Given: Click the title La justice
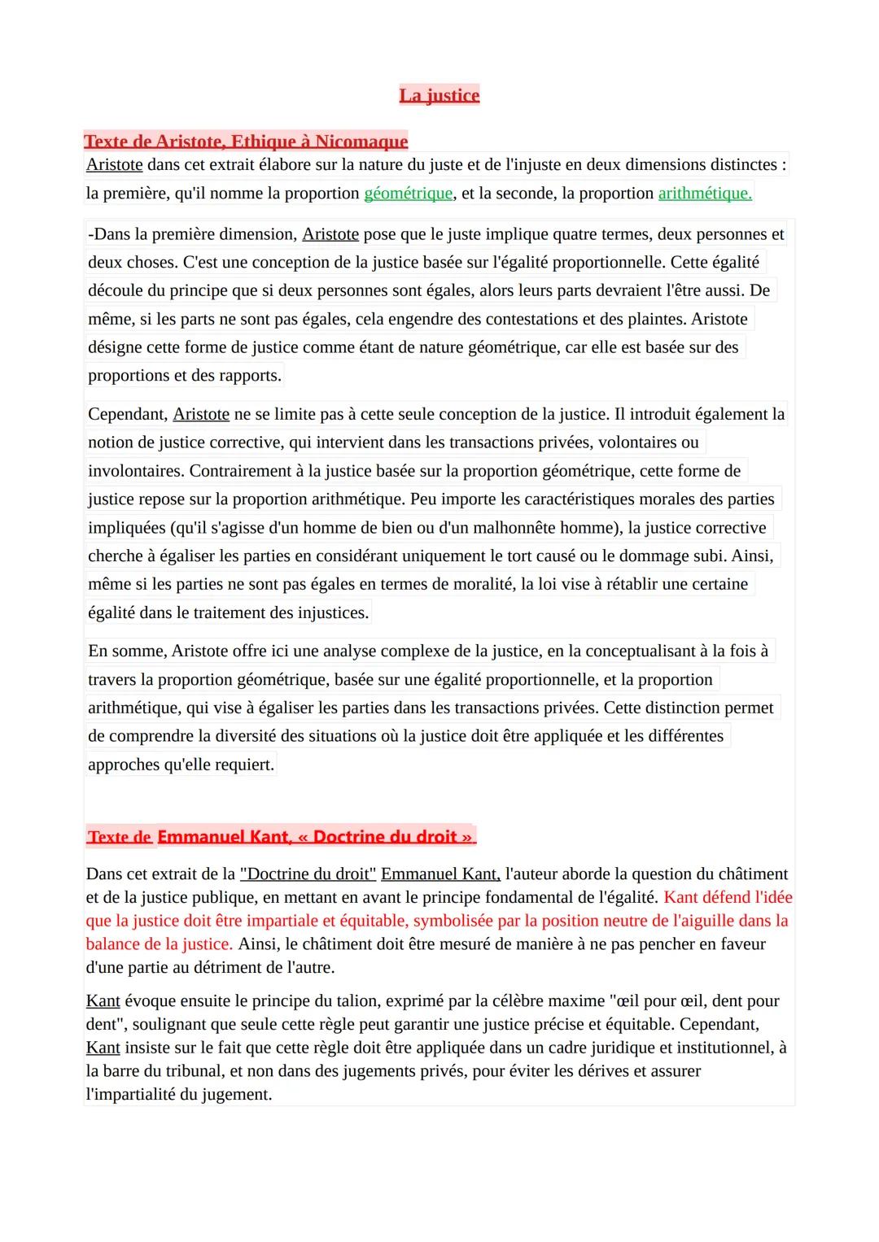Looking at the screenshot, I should pos(439,96).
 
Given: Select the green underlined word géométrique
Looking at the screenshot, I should pos(408,194).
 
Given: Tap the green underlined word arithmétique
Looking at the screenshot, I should pos(704,194).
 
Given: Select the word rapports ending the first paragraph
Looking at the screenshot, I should pos(248,376).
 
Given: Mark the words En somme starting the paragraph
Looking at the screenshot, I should pos(127,652).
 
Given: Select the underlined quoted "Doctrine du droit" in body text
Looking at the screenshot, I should pos(308,874).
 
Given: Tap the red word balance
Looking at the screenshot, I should pos(116,944).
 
